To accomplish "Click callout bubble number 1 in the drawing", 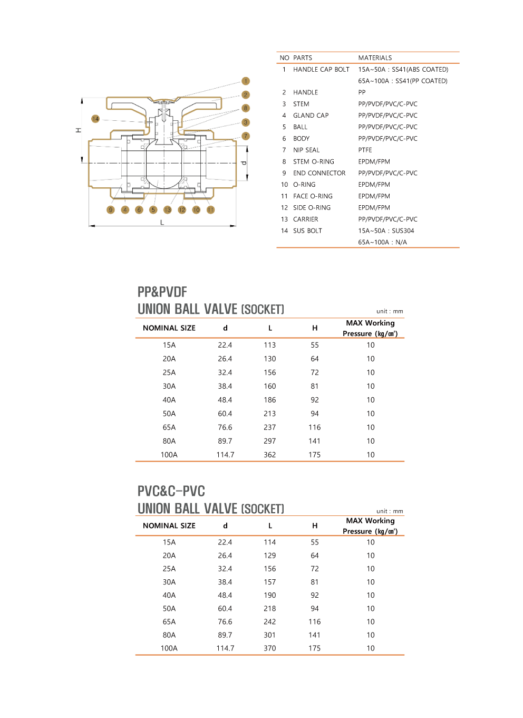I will coord(246,81).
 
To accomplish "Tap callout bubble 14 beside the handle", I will coord(95,119).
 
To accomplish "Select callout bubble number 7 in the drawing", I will coord(246,136).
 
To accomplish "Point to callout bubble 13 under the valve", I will coord(168,210).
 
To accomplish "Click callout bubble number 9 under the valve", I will coord(111,210).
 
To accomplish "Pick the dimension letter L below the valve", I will coord(162,223).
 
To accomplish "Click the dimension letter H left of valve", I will coord(78,130).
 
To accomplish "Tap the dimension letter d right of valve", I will coord(244,163).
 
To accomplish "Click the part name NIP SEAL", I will coord(306,150).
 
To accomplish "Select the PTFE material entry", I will coord(365,150).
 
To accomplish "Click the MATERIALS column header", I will coord(375,58).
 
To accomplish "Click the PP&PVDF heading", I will coord(162,292).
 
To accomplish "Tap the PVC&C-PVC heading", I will coord(171,491).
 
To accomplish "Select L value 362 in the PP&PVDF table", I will coord(270,455).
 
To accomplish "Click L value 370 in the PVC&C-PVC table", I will coord(270,648).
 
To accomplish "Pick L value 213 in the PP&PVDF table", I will coord(270,414).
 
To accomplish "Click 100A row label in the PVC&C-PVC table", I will coord(169,648).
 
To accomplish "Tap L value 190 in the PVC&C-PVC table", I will coord(270,596).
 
